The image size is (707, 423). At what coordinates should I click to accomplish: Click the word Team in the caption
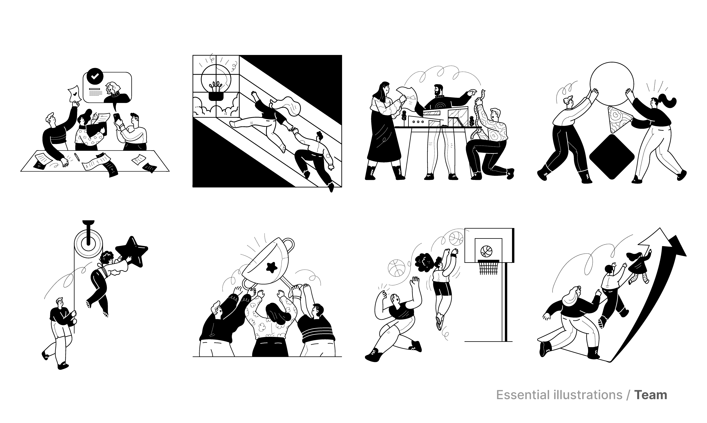[650, 395]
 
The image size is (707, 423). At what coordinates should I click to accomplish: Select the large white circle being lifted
[612, 84]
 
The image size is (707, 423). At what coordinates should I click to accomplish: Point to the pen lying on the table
[77, 157]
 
